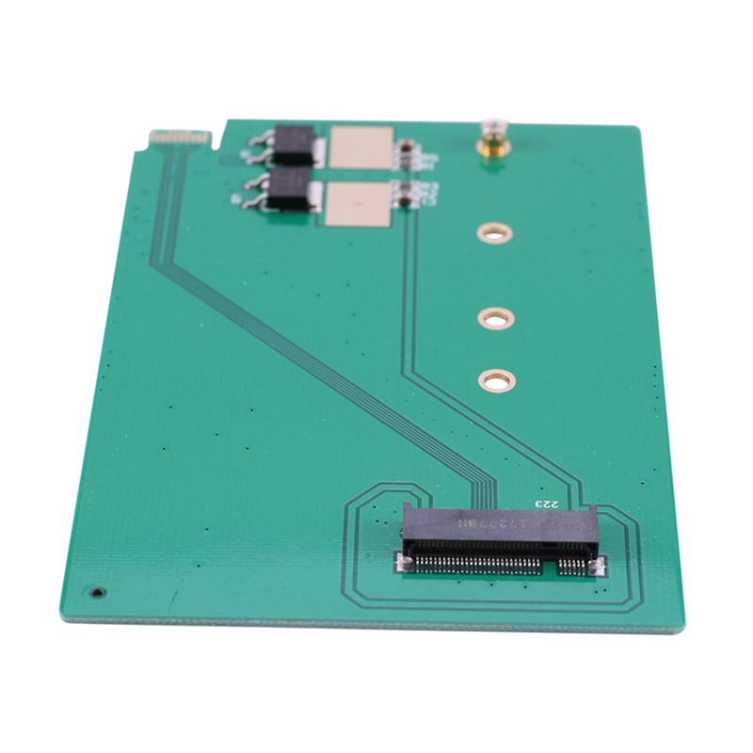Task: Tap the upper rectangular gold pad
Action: pyautogui.click(x=361, y=148)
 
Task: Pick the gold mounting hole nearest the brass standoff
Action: pyautogui.click(x=493, y=232)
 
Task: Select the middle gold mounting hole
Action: pyautogui.click(x=495, y=318)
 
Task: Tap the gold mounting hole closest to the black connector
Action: pyautogui.click(x=496, y=380)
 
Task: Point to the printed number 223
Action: pyautogui.click(x=547, y=505)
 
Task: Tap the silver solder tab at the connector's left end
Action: pyautogui.click(x=403, y=562)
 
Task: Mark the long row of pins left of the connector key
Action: pyautogui.click(x=474, y=563)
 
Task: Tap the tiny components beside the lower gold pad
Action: pyautogui.click(x=406, y=195)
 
